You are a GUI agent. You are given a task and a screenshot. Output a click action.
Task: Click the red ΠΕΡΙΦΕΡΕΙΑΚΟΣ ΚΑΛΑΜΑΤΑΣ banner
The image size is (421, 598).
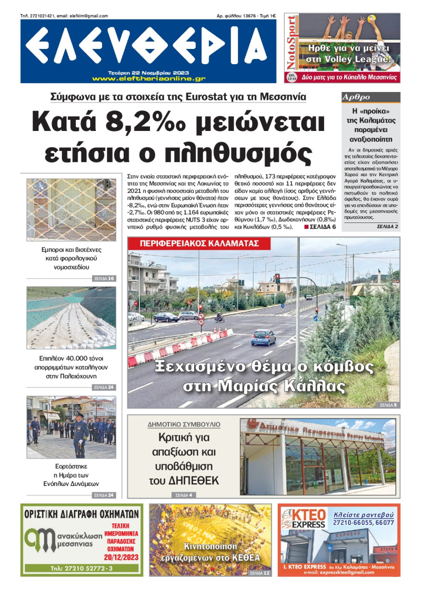click(199, 244)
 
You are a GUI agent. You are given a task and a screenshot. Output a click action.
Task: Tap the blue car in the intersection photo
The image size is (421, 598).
click(263, 337)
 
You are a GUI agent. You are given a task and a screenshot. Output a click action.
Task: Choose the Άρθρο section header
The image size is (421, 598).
click(356, 97)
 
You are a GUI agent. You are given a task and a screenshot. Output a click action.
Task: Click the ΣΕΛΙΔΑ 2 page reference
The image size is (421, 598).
click(388, 226)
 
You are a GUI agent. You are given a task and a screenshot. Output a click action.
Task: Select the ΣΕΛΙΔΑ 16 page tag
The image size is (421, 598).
click(104, 278)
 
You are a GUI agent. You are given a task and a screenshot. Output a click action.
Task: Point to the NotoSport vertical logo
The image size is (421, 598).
click(291, 48)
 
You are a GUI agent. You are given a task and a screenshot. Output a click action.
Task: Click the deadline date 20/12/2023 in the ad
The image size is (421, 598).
click(122, 557)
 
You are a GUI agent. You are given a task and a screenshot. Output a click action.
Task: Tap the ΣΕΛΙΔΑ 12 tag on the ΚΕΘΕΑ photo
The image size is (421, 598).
click(259, 573)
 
